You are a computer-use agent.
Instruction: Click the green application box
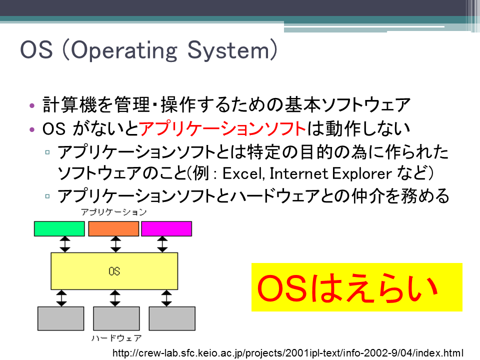(x=59, y=228)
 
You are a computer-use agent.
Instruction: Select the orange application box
(x=113, y=228)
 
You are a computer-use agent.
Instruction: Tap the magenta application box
(x=166, y=228)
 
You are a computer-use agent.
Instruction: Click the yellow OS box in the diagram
(x=114, y=271)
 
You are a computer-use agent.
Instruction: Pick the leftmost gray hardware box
(x=61, y=318)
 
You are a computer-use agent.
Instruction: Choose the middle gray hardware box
(x=116, y=318)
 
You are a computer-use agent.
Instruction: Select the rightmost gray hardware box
(x=172, y=318)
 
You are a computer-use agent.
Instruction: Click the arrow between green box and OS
(x=65, y=244)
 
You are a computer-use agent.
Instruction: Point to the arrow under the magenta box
(x=162, y=244)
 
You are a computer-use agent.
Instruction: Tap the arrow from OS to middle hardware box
(x=115, y=298)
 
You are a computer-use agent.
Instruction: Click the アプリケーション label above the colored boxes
(x=113, y=212)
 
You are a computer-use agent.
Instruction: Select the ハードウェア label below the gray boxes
(x=116, y=338)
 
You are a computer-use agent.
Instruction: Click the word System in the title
(x=228, y=50)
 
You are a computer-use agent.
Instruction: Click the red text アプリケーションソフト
(x=222, y=128)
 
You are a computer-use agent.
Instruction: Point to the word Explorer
(x=362, y=174)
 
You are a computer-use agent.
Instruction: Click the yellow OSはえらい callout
(x=357, y=287)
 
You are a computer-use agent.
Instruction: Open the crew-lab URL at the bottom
(x=288, y=353)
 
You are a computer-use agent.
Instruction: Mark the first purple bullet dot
(x=32, y=106)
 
